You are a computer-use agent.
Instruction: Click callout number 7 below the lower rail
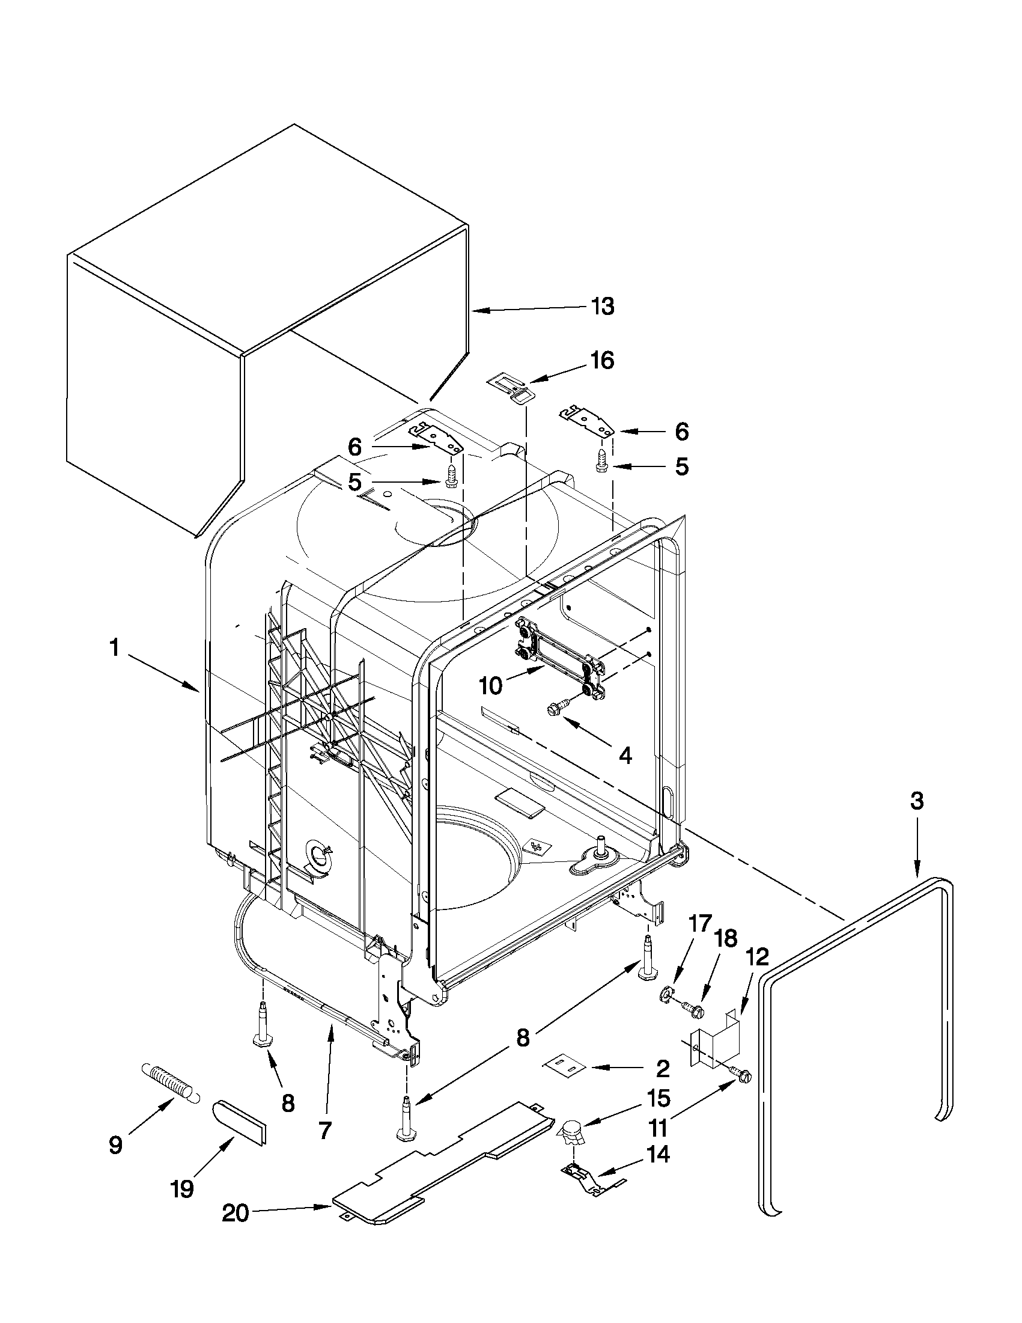tap(325, 1130)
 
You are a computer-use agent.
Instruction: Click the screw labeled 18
tap(692, 1007)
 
